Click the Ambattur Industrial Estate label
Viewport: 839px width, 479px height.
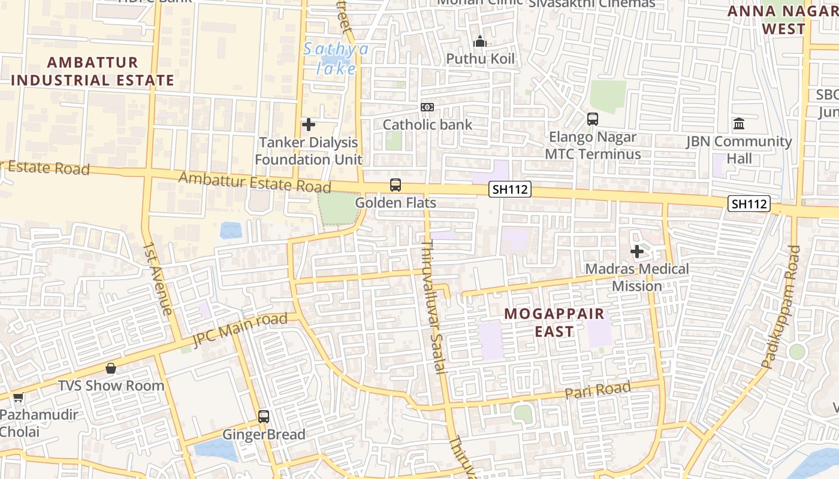[x=92, y=71]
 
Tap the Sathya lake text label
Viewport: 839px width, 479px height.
[x=336, y=59]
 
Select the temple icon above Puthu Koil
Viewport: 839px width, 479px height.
[x=480, y=42]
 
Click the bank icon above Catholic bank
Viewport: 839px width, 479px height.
[x=427, y=107]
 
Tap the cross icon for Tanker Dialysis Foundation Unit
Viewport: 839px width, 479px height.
[x=309, y=125]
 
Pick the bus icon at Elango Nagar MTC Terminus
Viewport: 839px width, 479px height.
[x=593, y=119]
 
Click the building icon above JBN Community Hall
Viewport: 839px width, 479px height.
[x=739, y=124]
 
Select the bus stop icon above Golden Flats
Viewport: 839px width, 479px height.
[x=396, y=185]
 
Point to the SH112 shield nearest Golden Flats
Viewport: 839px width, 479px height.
[x=509, y=190]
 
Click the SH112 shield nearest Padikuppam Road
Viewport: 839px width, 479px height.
[x=749, y=204]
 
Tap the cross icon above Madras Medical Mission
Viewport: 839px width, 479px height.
[x=637, y=251]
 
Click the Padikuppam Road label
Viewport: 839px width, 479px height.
[x=781, y=306]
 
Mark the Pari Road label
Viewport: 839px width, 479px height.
[x=598, y=390]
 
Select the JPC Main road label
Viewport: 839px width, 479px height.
[x=240, y=330]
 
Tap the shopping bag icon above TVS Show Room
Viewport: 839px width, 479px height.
[x=111, y=368]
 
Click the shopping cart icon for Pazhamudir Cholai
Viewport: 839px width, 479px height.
[x=19, y=398]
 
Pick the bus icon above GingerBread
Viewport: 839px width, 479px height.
[x=264, y=417]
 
